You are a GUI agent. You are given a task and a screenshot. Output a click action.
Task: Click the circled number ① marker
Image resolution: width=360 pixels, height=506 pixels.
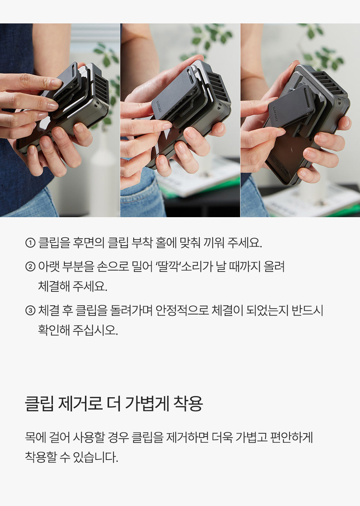(30, 243)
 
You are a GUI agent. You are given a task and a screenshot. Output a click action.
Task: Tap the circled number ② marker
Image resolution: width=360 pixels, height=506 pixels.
(30, 267)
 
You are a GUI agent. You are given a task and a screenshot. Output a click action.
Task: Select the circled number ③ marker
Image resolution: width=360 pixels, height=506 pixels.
(30, 310)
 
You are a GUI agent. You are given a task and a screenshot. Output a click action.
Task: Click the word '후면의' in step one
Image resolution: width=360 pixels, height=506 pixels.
(88, 243)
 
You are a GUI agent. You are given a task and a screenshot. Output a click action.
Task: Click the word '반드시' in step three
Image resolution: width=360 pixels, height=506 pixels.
(307, 310)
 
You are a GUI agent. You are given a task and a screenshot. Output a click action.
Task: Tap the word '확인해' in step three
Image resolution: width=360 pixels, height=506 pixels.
(54, 330)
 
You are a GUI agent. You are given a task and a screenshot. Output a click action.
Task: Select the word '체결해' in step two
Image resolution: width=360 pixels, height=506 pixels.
(54, 286)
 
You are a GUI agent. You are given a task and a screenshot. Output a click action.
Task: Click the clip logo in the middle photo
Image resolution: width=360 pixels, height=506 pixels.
(158, 105)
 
